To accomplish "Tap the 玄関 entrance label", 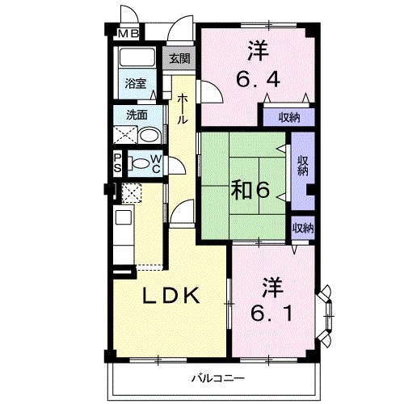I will point(179,58).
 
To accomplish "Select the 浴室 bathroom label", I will point(135,82).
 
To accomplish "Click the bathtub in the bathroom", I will point(136,60).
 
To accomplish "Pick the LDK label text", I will point(170,297).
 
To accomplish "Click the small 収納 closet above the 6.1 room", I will point(302,229).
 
